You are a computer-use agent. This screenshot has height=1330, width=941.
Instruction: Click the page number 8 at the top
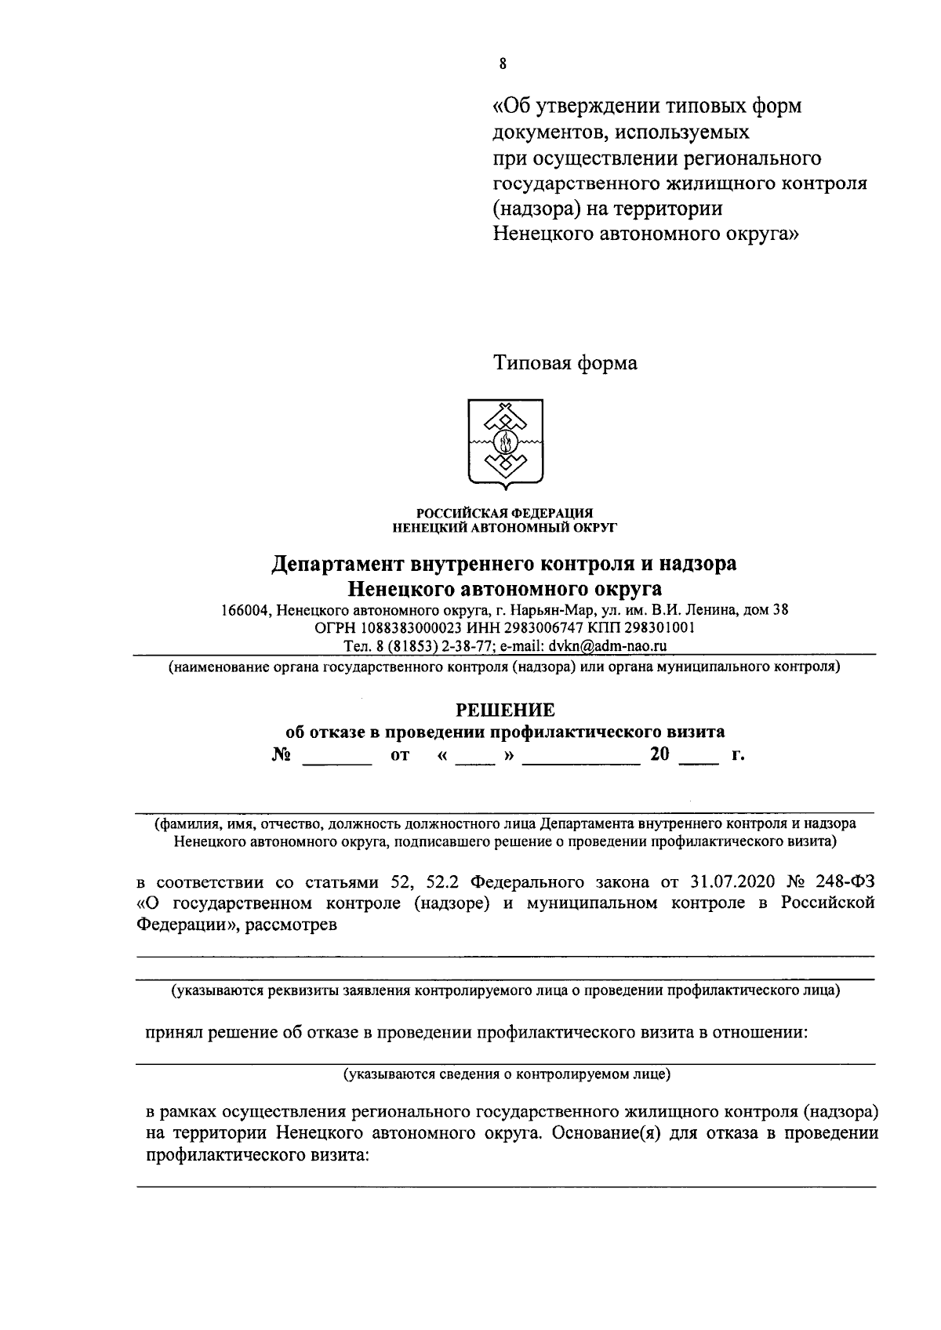pos(502,64)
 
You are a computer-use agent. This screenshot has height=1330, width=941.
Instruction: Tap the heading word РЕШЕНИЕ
pos(505,710)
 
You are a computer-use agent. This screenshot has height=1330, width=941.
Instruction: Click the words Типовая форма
pos(565,363)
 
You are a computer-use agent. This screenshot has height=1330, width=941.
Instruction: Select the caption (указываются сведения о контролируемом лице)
pos(507,1074)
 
